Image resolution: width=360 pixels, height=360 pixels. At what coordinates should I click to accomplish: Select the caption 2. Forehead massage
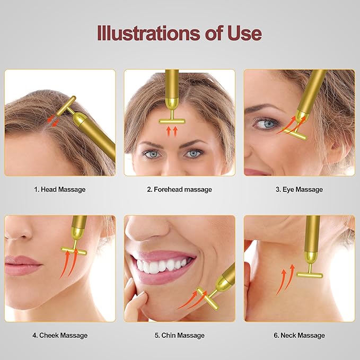click(x=179, y=189)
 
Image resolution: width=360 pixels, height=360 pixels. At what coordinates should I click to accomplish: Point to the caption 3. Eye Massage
click(x=299, y=189)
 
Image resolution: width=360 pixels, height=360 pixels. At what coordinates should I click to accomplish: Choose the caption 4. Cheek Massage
click(x=60, y=335)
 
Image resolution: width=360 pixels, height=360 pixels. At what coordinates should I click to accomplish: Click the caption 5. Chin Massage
click(x=179, y=335)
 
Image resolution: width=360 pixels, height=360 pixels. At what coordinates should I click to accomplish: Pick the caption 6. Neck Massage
click(x=299, y=335)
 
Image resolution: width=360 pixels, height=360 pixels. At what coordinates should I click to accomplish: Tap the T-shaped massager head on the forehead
click(x=172, y=120)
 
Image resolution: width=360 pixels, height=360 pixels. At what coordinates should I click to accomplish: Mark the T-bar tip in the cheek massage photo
click(x=74, y=249)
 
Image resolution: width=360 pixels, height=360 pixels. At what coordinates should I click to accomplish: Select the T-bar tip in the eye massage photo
click(x=298, y=135)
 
